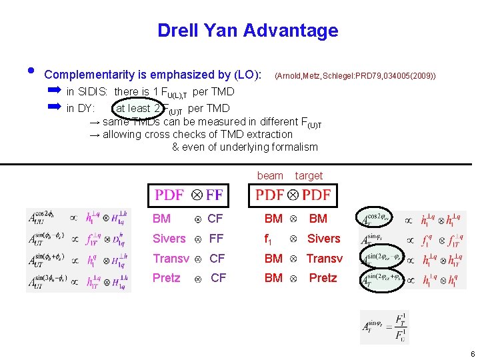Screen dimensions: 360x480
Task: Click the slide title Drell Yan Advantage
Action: tap(247, 31)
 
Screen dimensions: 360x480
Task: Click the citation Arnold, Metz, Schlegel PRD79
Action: tap(355, 77)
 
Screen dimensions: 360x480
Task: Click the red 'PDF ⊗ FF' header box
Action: tap(189, 195)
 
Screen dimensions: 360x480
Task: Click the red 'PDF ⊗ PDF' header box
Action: tap(293, 195)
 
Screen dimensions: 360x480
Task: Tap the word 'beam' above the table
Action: tap(270, 175)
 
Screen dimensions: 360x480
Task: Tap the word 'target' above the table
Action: tap(309, 175)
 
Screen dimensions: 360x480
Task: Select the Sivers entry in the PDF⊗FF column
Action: tap(169, 239)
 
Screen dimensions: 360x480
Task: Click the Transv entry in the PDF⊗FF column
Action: tap(171, 259)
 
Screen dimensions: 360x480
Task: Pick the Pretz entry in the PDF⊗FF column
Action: tap(166, 278)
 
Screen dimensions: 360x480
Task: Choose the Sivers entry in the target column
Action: tap(323, 239)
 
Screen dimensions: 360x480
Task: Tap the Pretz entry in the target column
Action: tap(323, 278)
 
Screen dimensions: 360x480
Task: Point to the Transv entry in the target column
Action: tap(324, 259)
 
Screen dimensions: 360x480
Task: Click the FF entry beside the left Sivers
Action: tap(216, 239)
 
